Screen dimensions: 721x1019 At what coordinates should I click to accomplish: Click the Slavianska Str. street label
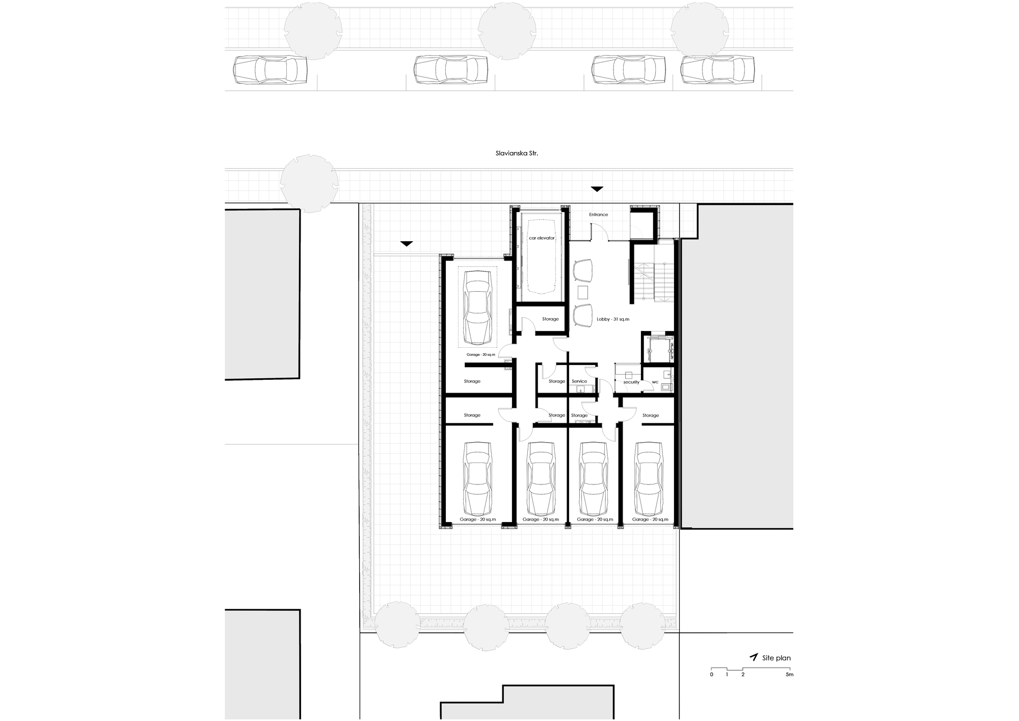coord(509,153)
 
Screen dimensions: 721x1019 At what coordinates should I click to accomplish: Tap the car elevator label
coord(542,238)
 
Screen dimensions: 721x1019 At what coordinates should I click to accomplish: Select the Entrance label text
coord(599,215)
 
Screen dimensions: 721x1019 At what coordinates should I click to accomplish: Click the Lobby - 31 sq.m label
coord(613,319)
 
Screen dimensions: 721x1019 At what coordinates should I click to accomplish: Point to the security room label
coord(631,382)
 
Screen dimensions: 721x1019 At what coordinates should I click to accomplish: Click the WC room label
coord(655,382)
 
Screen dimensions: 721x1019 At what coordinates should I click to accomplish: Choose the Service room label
coord(579,381)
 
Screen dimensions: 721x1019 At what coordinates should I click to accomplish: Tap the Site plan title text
coord(776,658)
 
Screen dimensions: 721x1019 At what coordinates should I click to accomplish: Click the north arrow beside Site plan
coord(754,657)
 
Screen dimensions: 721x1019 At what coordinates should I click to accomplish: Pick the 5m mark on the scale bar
coord(789,675)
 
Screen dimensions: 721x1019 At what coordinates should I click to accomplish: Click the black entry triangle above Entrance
coord(597,189)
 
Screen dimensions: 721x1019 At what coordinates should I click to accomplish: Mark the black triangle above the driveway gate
coord(406,244)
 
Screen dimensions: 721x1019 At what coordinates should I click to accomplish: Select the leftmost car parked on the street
coord(270,70)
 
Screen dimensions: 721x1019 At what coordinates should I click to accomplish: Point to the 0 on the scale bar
coord(712,675)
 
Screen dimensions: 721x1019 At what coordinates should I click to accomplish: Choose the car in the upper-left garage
coord(478,307)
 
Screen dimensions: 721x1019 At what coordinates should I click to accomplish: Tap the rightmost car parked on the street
coord(717,70)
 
